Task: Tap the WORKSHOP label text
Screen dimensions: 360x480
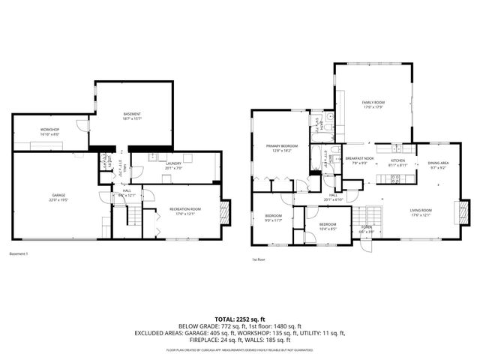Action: pyautogui.click(x=49, y=130)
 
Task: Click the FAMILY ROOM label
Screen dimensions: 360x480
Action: pyautogui.click(x=373, y=102)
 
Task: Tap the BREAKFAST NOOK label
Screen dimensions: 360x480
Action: pyautogui.click(x=360, y=158)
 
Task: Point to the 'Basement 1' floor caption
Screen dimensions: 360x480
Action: pyautogui.click(x=19, y=253)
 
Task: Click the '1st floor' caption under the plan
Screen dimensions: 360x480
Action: pyautogui.click(x=259, y=259)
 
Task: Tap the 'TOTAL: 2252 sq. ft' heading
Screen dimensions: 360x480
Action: pyautogui.click(x=239, y=318)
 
